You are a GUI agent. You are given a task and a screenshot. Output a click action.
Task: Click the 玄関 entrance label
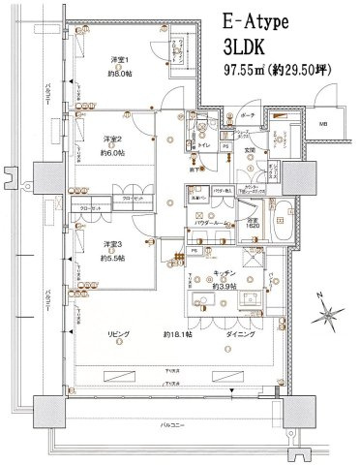click(x=248, y=150)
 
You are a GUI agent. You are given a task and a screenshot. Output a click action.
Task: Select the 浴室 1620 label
click(x=252, y=222)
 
